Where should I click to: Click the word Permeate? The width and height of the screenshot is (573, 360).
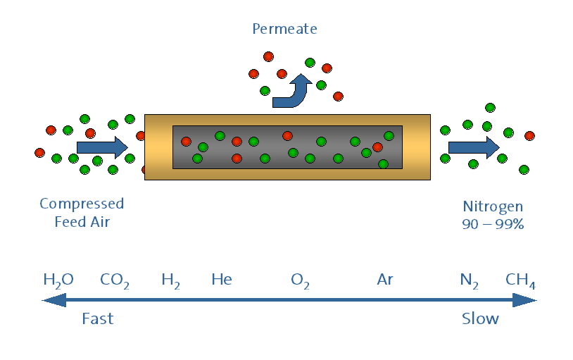pyautogui.click(x=284, y=29)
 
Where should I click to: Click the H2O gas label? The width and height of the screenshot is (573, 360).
pyautogui.click(x=58, y=280)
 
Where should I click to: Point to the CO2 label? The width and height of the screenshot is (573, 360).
pyautogui.click(x=114, y=280)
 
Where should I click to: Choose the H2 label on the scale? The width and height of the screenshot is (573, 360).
pyautogui.click(x=170, y=280)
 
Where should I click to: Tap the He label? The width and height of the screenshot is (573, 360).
pyautogui.click(x=222, y=280)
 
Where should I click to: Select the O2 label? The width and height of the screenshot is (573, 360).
pyautogui.click(x=300, y=280)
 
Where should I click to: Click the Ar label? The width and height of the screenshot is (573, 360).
pyautogui.click(x=384, y=280)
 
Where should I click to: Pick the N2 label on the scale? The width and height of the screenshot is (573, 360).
pyautogui.click(x=469, y=280)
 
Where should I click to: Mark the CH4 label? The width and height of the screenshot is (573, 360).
pyautogui.click(x=520, y=280)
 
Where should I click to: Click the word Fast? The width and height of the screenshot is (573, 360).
pyautogui.click(x=97, y=318)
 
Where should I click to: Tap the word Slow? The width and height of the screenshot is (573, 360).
pyautogui.click(x=480, y=318)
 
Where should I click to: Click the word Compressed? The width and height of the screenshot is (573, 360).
pyautogui.click(x=82, y=204)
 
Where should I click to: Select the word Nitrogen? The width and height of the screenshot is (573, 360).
pyautogui.click(x=493, y=206)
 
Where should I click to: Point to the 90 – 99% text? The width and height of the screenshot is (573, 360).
pyautogui.click(x=493, y=224)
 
